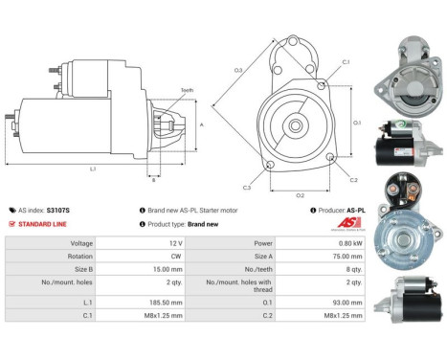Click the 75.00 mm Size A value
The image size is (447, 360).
pyautogui.click(x=346, y=257)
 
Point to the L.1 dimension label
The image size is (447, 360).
pyautogui.click(x=92, y=169)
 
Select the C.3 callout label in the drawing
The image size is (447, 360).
pyautogui.click(x=247, y=187)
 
